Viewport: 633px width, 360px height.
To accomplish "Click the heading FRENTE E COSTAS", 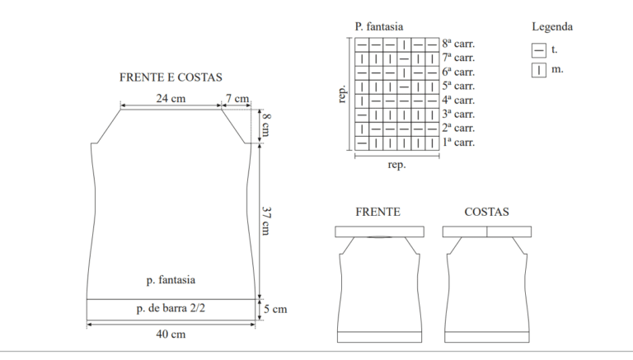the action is point(171,77).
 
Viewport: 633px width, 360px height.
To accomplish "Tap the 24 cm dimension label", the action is point(171,99).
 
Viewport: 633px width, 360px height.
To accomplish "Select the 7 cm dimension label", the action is point(237,99).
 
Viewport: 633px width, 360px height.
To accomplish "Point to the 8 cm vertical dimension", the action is point(266,125).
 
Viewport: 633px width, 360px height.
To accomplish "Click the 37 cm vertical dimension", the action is point(266,221).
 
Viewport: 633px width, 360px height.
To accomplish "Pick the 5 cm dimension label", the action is point(275,309).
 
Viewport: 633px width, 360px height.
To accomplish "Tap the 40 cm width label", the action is point(171,334).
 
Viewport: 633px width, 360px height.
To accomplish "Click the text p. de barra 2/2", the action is point(171,308).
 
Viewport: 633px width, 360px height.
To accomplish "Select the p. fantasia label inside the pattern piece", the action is point(171,280).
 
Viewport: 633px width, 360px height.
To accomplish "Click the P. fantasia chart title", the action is point(379,26).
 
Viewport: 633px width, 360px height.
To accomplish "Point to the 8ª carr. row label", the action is point(458,44).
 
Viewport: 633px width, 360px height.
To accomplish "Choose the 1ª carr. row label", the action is point(458,143).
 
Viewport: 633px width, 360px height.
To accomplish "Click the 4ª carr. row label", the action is point(458,100).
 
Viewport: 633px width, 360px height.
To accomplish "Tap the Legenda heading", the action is point(552,26).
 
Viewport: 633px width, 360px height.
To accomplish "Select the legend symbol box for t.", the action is point(539,50).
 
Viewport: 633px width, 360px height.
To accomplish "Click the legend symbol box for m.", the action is point(539,70).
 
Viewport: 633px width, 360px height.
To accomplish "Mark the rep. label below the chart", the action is point(396,165).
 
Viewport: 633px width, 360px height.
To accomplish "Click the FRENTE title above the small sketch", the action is point(377,212).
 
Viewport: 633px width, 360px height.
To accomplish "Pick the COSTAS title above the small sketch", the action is point(486,212).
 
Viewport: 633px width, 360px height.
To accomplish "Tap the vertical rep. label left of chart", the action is point(342,94).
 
